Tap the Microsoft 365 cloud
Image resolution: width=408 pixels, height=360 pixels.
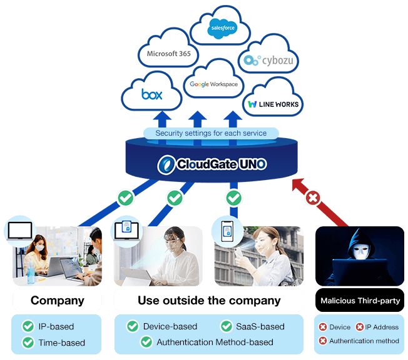168,54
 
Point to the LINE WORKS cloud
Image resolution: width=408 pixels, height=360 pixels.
273,103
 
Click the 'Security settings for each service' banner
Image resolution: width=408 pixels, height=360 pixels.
211,133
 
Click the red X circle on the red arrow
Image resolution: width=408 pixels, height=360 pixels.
313,199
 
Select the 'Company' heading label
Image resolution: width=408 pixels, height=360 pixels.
57,301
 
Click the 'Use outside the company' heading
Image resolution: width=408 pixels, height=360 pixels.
209,301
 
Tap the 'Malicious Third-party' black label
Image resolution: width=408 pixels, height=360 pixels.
360,301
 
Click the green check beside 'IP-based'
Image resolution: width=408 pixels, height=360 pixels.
28,326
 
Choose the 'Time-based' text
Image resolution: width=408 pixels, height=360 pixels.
62,342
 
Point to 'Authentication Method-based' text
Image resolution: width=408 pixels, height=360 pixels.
215,342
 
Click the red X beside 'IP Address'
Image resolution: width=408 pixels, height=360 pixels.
360,327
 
